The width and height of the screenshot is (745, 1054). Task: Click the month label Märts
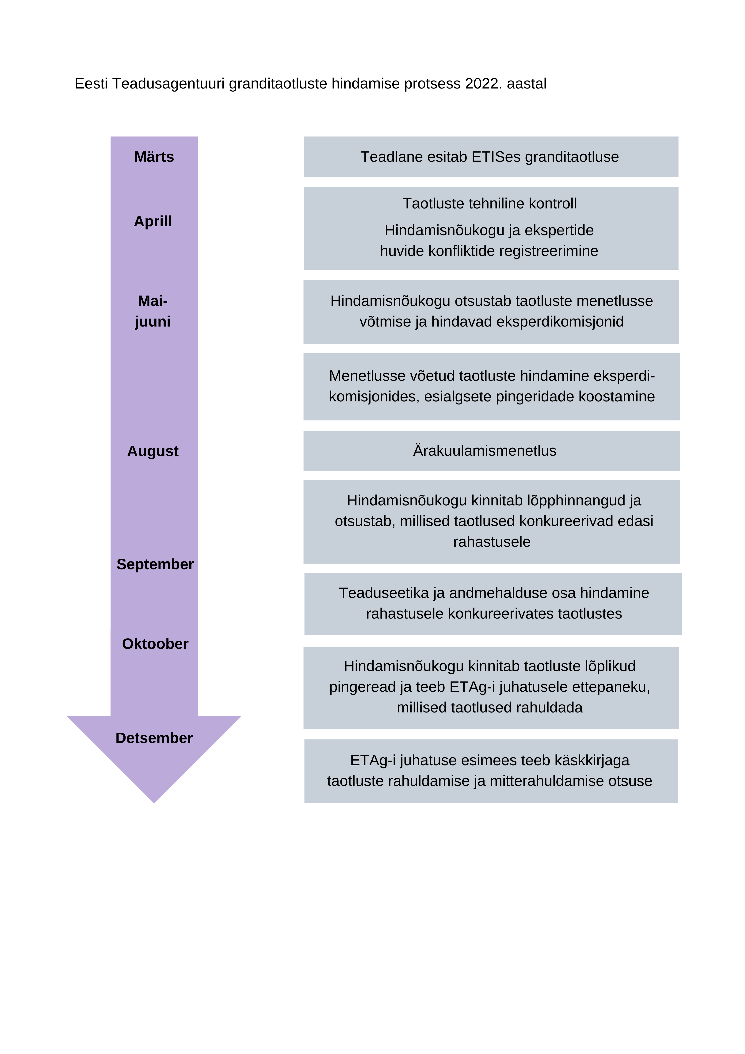(x=154, y=157)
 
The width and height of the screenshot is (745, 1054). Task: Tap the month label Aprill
(x=153, y=221)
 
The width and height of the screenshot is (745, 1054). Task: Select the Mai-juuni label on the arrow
(x=153, y=311)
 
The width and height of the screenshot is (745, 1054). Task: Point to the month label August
(x=153, y=451)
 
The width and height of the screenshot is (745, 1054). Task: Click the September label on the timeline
(x=155, y=564)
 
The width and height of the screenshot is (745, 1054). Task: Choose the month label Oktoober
(x=155, y=644)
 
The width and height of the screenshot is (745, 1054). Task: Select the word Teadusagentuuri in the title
(x=168, y=84)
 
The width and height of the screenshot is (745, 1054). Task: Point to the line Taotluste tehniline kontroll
(x=489, y=203)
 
